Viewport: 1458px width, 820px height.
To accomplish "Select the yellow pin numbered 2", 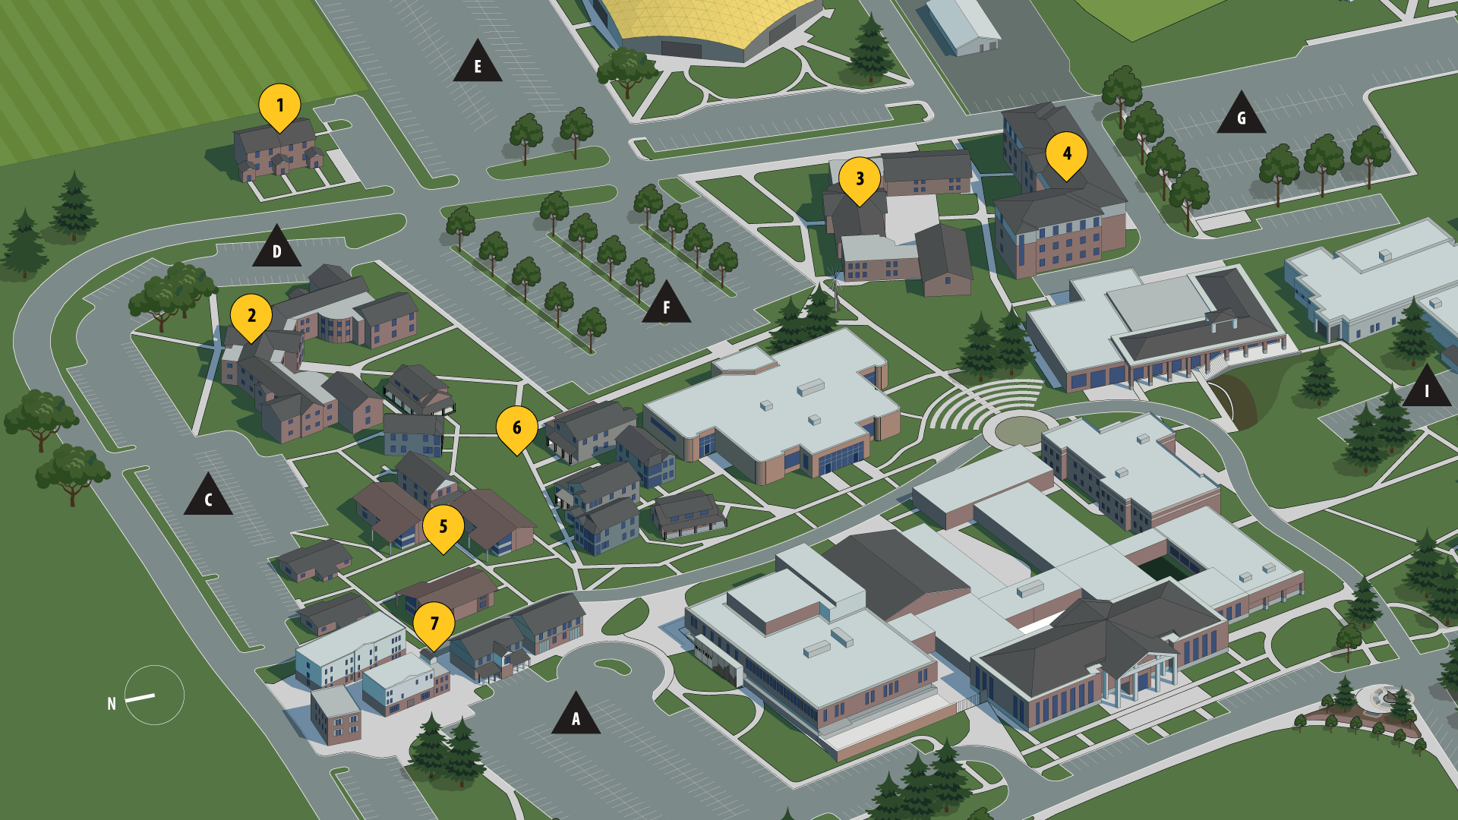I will [x=251, y=315].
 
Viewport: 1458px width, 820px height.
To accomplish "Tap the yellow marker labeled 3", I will [x=860, y=178].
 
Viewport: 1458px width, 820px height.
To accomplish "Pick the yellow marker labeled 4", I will [x=1066, y=153].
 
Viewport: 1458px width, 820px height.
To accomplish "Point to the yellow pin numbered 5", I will [x=443, y=526].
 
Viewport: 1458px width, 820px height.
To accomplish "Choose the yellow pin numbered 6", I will [x=517, y=427].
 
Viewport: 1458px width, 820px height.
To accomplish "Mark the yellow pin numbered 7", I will [x=434, y=623].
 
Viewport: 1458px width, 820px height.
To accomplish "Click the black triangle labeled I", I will [x=1426, y=389].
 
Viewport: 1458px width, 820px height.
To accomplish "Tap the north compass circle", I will [x=154, y=695].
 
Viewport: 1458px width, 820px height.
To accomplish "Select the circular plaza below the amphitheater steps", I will [x=1020, y=430].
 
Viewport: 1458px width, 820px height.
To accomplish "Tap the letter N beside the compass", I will [x=112, y=704].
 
